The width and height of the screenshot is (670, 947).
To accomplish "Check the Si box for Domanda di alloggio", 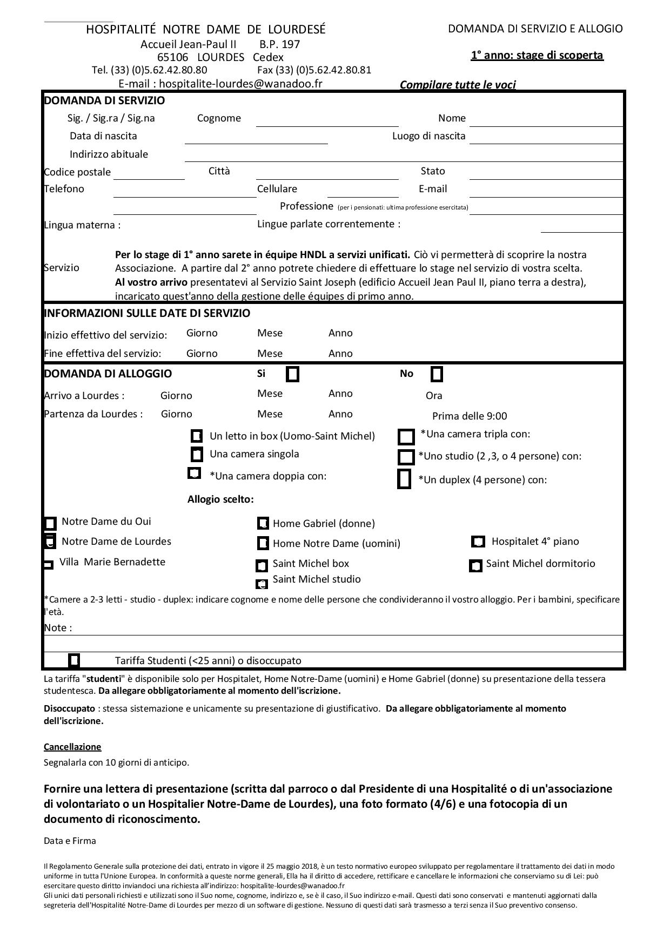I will (x=292, y=374).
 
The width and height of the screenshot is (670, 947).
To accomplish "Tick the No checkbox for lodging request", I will (x=437, y=374).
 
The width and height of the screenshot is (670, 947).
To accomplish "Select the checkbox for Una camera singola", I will (x=197, y=455).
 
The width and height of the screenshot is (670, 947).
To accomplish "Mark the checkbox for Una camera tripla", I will (x=406, y=436).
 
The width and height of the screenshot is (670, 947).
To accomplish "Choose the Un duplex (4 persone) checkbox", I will (x=404, y=479).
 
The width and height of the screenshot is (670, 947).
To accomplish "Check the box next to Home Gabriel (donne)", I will (x=263, y=523).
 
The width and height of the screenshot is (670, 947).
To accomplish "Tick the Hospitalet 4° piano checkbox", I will (x=478, y=542).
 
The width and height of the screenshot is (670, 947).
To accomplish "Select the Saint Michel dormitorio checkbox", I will (x=475, y=565).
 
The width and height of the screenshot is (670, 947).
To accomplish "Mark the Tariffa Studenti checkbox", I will (x=74, y=660).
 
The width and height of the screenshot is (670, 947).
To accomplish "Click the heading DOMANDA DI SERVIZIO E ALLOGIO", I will (x=535, y=29).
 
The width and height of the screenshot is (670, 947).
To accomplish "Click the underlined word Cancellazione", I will (x=72, y=747).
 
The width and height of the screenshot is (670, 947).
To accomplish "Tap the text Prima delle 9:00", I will (x=470, y=416).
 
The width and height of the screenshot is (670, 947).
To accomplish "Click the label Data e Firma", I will (x=70, y=841).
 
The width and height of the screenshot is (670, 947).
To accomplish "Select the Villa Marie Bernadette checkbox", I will (x=49, y=565).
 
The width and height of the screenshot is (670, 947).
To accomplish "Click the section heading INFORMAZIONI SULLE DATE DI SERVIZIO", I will (x=147, y=313).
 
